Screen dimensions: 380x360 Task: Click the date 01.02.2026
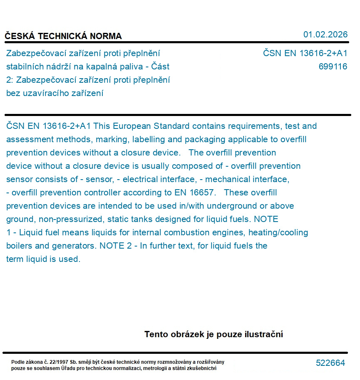pyautogui.click(x=325, y=35)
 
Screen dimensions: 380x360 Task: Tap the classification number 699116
pyautogui.click(x=333, y=67)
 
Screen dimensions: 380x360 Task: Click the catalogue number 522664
pyautogui.click(x=330, y=363)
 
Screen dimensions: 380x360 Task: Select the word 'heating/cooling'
pyautogui.click(x=278, y=232)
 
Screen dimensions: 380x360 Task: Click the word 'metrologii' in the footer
pyautogui.click(x=157, y=368)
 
